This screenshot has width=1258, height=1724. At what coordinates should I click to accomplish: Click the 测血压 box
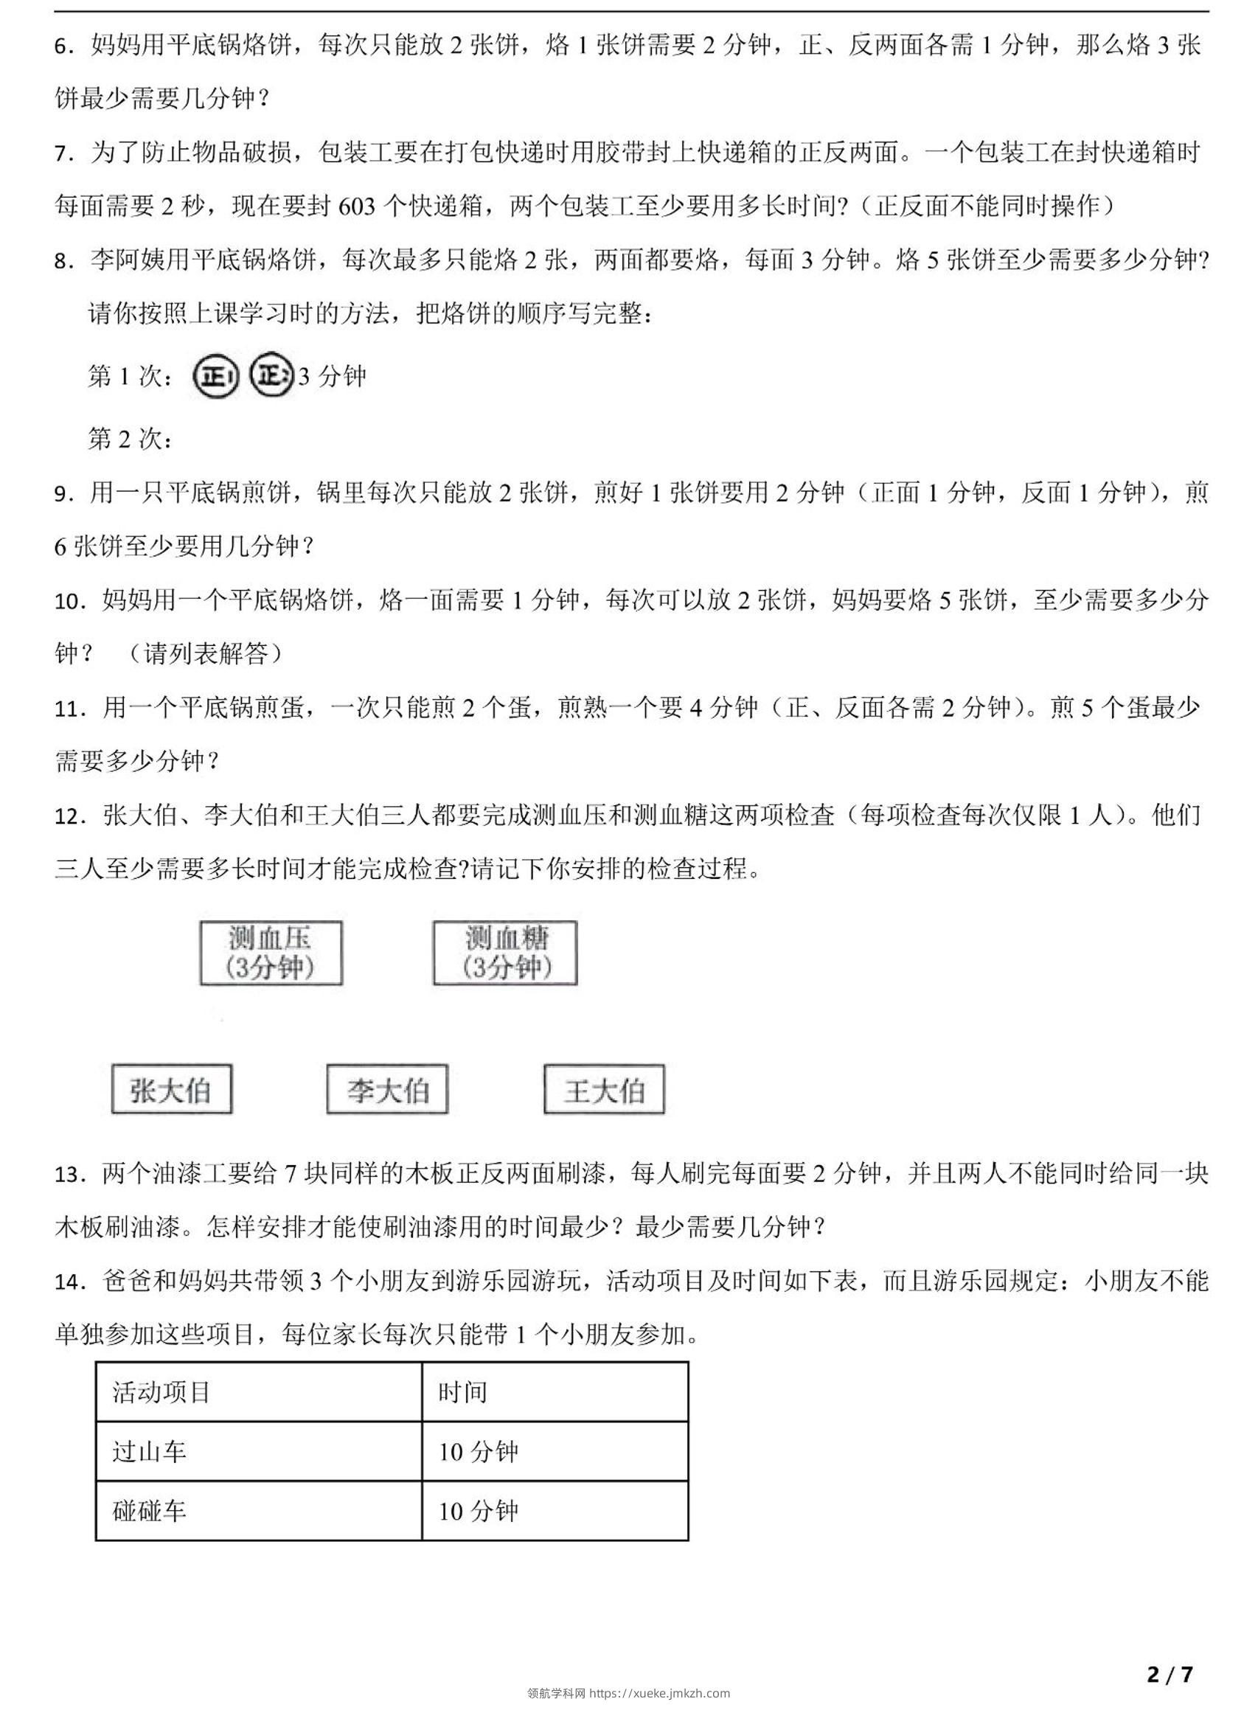271,953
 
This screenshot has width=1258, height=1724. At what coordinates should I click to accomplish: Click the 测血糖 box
505,953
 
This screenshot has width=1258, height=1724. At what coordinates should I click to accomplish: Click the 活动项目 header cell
258,1393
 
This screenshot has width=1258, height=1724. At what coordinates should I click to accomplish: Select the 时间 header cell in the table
555,1393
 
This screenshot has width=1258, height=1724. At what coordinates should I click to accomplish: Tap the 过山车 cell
258,1451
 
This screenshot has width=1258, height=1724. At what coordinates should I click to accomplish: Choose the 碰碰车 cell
258,1511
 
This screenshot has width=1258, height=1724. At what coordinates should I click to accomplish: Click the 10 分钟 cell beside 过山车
555,1451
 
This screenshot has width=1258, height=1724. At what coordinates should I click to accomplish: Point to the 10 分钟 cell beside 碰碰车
555,1511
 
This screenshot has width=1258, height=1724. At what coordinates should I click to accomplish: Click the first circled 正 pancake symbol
215,376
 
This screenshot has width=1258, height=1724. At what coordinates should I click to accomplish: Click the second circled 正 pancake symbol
272,375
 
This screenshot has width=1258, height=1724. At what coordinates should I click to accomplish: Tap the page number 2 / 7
1170,1674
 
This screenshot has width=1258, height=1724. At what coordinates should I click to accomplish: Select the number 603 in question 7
356,207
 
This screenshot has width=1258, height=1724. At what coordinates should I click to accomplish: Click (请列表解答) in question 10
204,654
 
